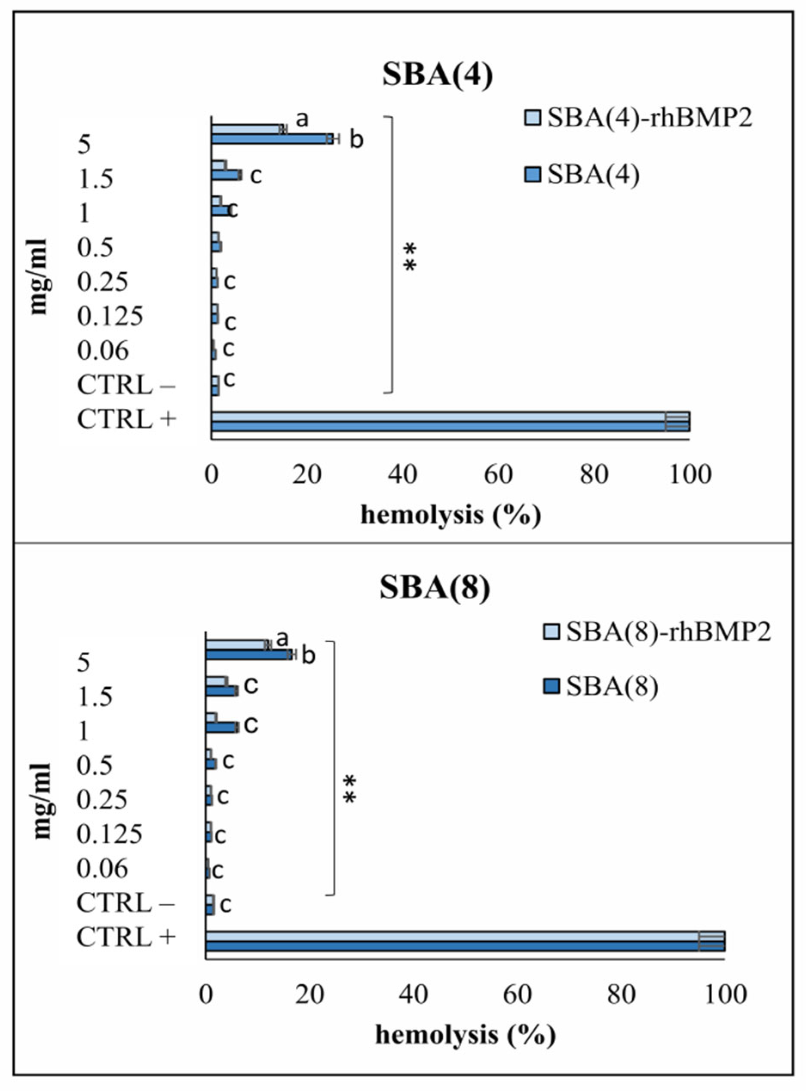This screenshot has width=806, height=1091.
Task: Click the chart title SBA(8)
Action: (x=435, y=589)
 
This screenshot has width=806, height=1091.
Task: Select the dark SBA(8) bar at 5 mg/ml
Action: (x=248, y=655)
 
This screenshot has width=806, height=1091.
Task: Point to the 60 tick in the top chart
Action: (x=498, y=475)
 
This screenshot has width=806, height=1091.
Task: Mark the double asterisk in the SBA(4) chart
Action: (x=410, y=258)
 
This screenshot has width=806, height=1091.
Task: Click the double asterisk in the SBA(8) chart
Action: (x=350, y=789)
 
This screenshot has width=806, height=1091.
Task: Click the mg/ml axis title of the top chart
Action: (x=39, y=276)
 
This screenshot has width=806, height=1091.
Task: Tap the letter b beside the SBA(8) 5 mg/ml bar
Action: (x=308, y=656)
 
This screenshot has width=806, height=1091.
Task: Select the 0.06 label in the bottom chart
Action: (x=102, y=869)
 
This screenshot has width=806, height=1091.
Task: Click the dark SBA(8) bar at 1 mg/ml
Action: (x=221, y=727)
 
